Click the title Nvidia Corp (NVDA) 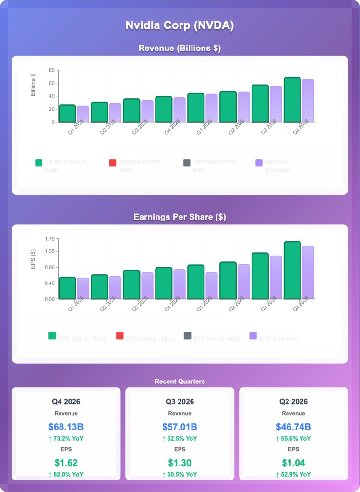[180, 25]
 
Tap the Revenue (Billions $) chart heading [180, 49]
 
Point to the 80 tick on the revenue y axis [51, 70]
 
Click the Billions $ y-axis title [33, 85]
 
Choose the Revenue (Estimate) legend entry [273, 166]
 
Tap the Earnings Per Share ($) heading [180, 217]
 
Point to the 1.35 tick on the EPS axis [49, 251]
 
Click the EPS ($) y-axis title [33, 258]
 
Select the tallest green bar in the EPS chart [292, 270]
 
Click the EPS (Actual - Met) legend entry [212, 339]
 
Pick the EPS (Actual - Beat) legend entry [77, 339]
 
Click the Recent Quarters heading [180, 381]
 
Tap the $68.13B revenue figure [66, 427]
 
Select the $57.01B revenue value [180, 427]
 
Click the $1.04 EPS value [293, 463]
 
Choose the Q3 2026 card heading [180, 402]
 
